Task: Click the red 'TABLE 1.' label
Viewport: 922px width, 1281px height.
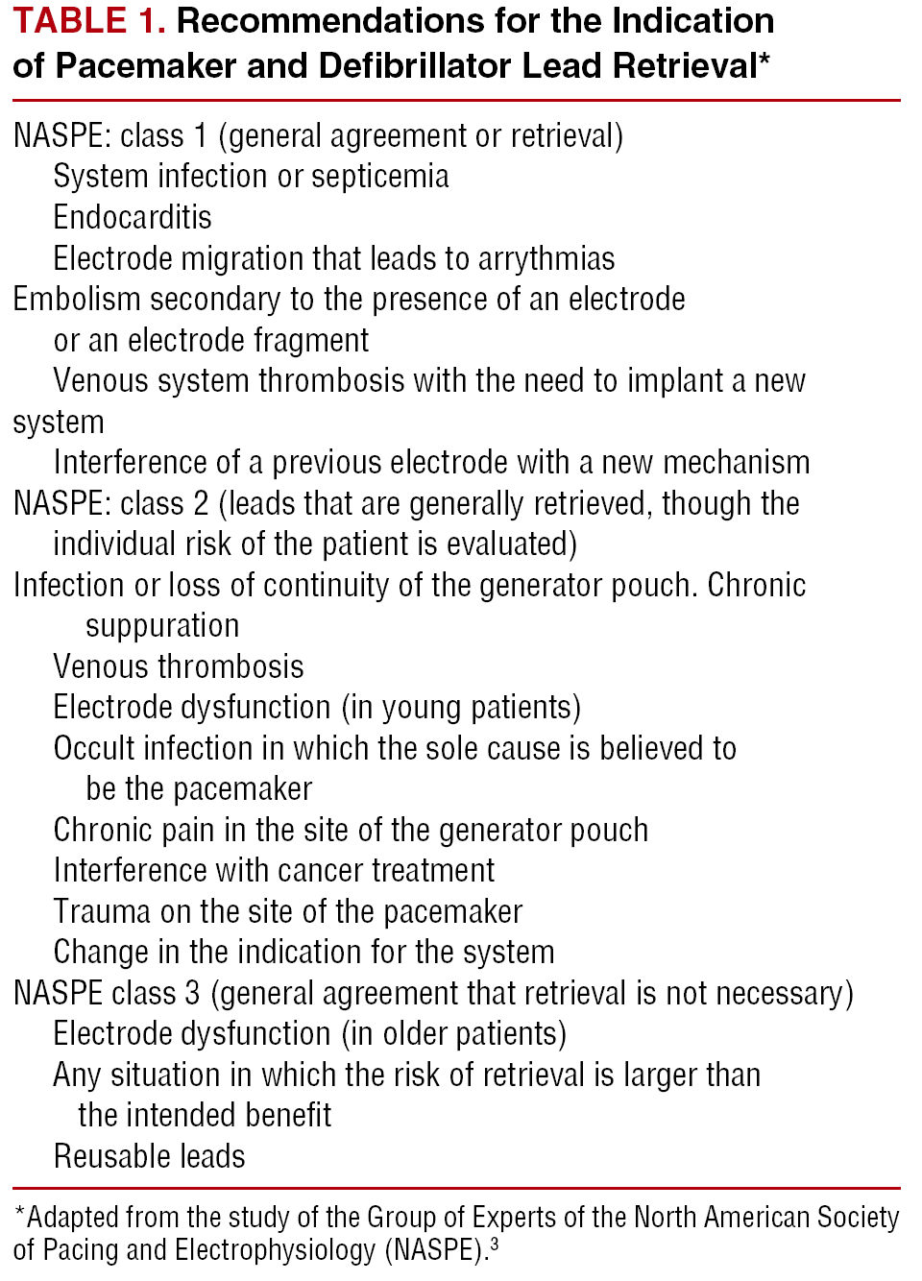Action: coord(88,21)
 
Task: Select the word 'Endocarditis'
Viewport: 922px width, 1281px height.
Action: coord(133,218)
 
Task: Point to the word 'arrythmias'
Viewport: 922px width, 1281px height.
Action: coord(546,259)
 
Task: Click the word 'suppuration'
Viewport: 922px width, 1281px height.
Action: coord(162,626)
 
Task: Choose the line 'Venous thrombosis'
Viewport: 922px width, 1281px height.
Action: coord(179,666)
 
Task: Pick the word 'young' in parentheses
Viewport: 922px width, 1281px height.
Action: coord(422,709)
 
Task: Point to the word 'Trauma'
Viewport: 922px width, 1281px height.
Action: coord(102,912)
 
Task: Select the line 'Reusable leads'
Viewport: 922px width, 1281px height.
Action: coord(150,1157)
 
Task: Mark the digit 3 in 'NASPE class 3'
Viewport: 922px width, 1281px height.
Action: coord(192,994)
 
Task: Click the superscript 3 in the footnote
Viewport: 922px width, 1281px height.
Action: coord(495,1243)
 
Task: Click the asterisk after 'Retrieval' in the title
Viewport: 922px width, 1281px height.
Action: coord(764,60)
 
